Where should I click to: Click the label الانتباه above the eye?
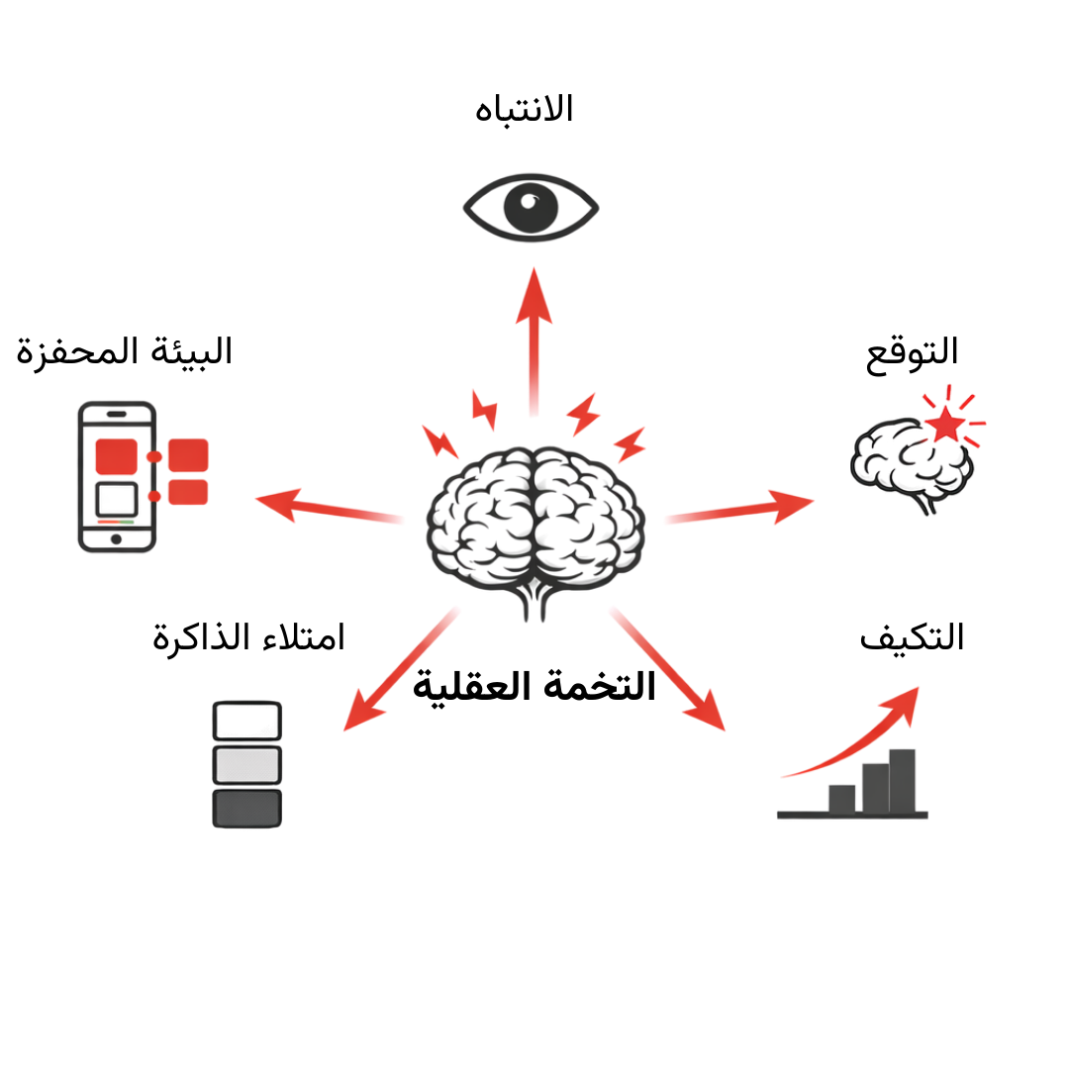525,108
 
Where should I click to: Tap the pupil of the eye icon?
531,208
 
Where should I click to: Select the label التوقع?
912,352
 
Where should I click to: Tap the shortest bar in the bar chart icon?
841,797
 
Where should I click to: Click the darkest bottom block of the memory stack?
247,808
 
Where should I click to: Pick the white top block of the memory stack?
247,720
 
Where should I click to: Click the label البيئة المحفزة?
125,352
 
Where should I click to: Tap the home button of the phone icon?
116,539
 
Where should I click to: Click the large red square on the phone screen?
116,455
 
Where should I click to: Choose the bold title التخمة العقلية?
534,686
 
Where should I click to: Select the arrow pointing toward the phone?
317,506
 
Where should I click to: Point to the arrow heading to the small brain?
742,509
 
